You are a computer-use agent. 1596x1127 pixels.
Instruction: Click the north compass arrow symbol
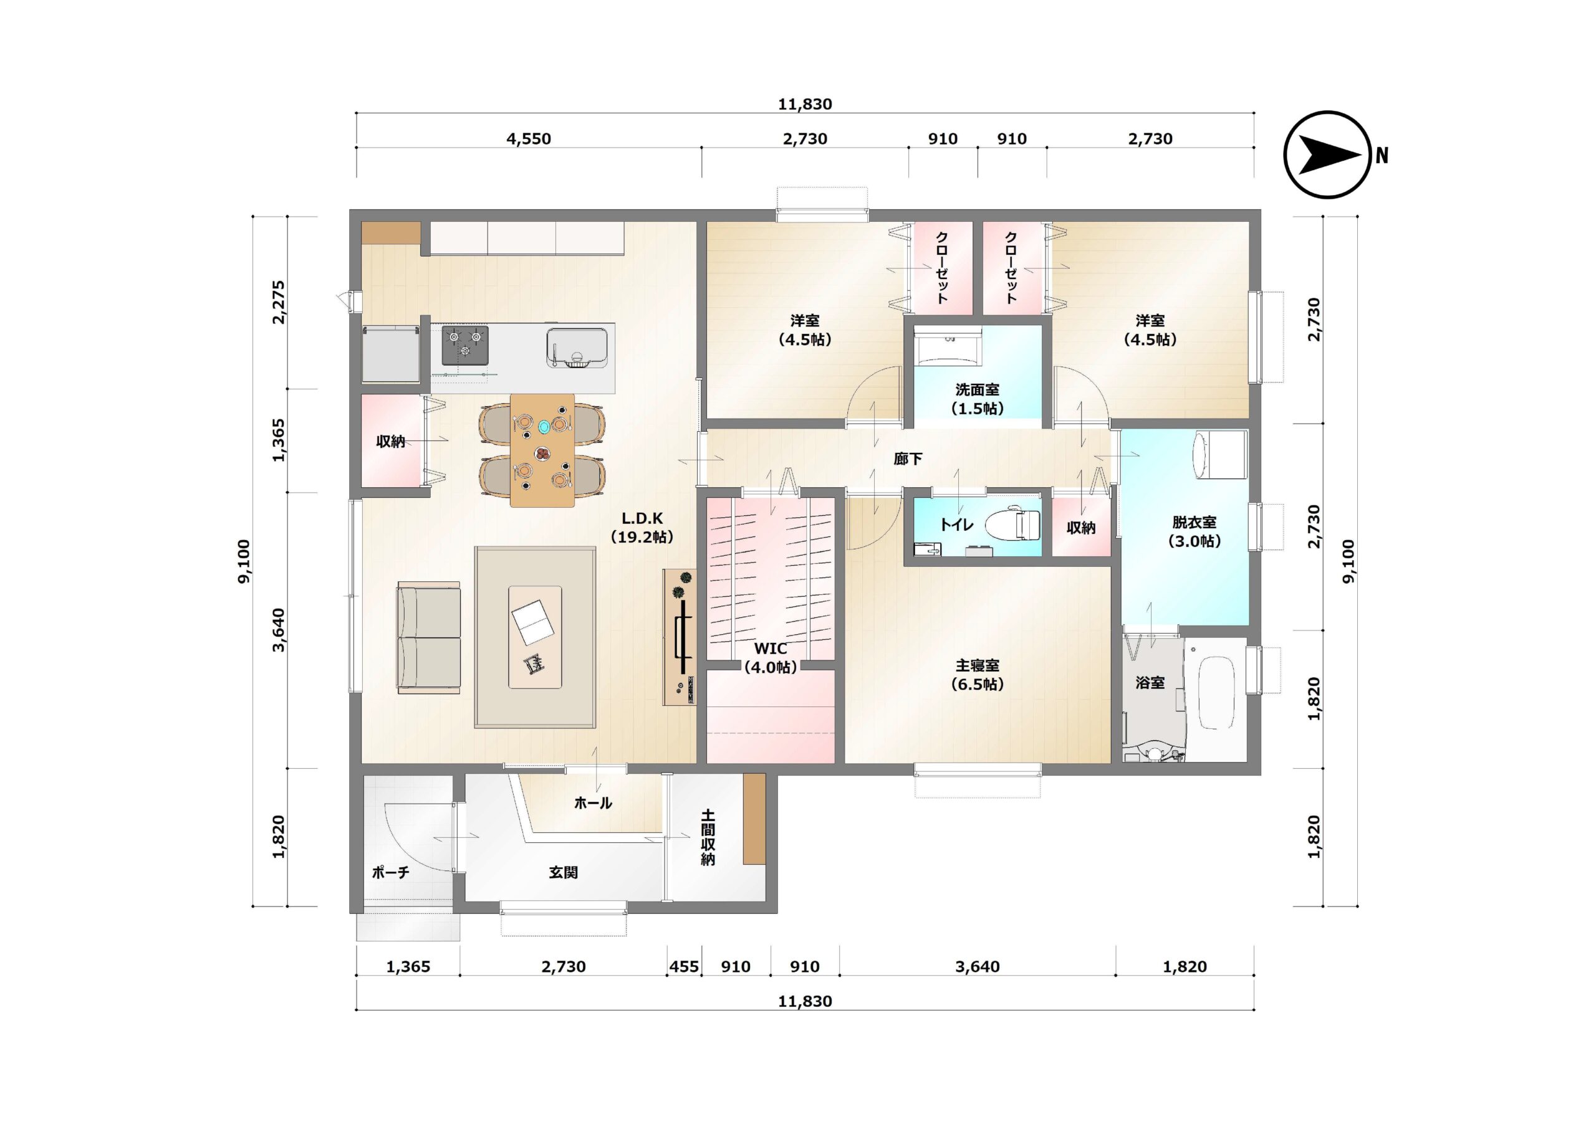1328,155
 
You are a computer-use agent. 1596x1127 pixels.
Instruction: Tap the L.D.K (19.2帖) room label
642,528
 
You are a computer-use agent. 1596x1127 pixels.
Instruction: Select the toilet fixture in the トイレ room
1013,524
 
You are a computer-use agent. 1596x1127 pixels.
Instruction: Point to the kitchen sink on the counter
577,348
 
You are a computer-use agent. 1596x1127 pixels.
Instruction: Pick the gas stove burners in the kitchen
465,345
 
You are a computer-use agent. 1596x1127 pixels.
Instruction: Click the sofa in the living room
428,638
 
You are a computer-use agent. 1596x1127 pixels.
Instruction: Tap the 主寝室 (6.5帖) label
978,675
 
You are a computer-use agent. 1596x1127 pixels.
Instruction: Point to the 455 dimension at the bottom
684,966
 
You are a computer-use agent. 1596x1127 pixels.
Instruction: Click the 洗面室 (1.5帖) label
978,399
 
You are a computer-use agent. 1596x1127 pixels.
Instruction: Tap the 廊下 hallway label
908,459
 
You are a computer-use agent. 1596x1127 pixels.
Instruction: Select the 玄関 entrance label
563,872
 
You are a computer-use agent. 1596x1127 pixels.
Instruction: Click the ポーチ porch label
390,872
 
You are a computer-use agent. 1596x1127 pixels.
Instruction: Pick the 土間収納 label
708,837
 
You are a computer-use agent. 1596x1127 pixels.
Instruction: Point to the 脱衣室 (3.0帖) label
1195,531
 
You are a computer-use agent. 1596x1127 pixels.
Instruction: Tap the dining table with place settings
542,450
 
